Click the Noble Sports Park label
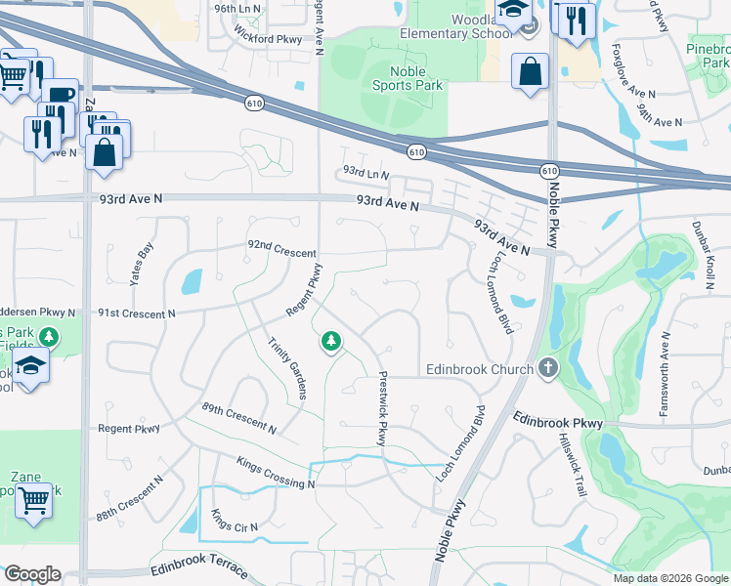click(408, 78)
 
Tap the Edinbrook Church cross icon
click(547, 368)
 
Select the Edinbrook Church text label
click(479, 369)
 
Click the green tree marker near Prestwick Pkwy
click(331, 341)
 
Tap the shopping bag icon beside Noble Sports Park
click(530, 72)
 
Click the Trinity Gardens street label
click(288, 367)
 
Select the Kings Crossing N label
click(276, 471)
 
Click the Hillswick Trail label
click(572, 466)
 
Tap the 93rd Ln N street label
click(365, 171)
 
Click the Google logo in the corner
click(32, 574)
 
